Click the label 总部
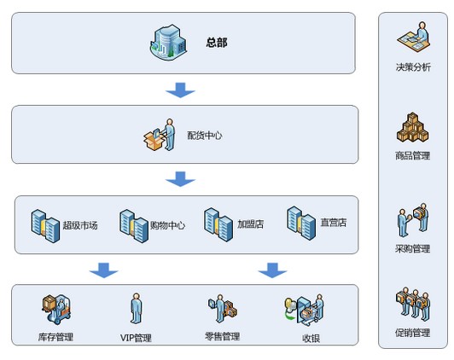pos(217,43)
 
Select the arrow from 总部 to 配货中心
pos(181,90)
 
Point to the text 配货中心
pos(205,135)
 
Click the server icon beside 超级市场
pos(44,224)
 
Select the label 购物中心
pos(167,225)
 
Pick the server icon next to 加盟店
pos(218,224)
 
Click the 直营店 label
pos(333,224)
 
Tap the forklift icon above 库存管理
pos(55,310)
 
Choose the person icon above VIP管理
pos(135,309)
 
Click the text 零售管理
pos(223,337)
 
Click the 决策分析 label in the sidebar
pos(413,67)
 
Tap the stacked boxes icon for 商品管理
pos(413,128)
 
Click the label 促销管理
pos(413,333)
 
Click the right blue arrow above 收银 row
pos(273,270)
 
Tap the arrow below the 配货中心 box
pos(181,179)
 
